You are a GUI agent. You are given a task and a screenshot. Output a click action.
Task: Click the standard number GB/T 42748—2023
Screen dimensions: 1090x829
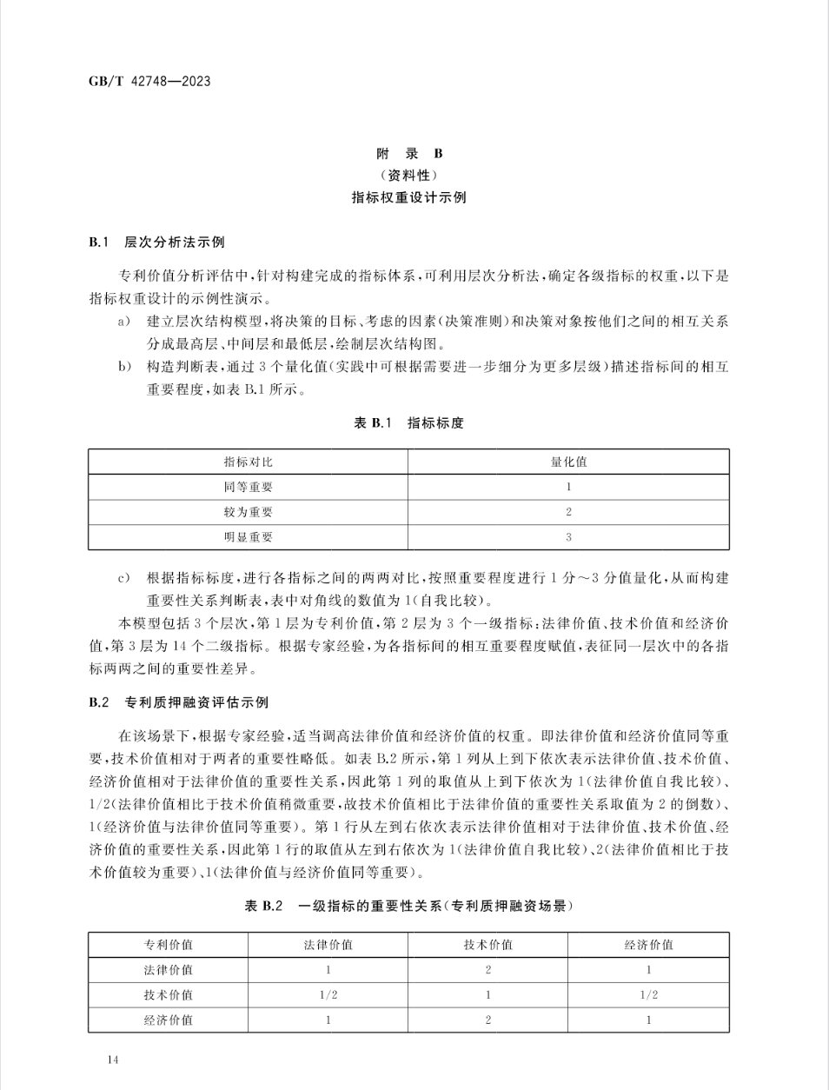click(x=149, y=82)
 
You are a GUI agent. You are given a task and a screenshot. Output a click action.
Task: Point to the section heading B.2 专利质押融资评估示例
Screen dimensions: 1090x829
click(x=178, y=702)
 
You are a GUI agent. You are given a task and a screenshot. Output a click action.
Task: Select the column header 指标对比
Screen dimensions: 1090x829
click(x=248, y=462)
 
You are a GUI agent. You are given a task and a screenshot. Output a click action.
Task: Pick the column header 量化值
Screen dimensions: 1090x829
click(x=568, y=462)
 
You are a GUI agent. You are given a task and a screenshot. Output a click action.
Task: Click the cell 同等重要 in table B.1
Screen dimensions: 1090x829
click(x=248, y=487)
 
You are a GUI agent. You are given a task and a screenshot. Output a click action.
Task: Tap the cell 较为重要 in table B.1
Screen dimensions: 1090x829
click(x=248, y=512)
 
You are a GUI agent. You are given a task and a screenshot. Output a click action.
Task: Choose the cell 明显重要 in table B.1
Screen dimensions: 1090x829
click(x=248, y=537)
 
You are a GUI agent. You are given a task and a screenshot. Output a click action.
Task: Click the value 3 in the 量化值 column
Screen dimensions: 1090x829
click(x=568, y=537)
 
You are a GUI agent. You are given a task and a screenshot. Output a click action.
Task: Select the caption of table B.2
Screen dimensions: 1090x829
click(x=409, y=906)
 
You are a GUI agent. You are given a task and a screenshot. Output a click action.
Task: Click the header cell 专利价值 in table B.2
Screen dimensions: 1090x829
click(x=168, y=945)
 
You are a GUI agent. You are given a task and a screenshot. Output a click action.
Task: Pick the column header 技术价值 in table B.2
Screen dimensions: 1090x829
click(x=487, y=945)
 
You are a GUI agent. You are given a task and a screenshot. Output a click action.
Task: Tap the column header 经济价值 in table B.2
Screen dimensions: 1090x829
click(x=648, y=945)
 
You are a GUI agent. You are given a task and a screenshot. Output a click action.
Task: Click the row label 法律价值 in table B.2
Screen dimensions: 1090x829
click(x=168, y=970)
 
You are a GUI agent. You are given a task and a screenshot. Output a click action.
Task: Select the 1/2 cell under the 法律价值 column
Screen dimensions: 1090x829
click(x=328, y=995)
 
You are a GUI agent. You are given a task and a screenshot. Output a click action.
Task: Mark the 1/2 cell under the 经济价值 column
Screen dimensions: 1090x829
click(x=648, y=995)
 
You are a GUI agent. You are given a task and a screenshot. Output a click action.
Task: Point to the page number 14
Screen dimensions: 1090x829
click(x=111, y=1059)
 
